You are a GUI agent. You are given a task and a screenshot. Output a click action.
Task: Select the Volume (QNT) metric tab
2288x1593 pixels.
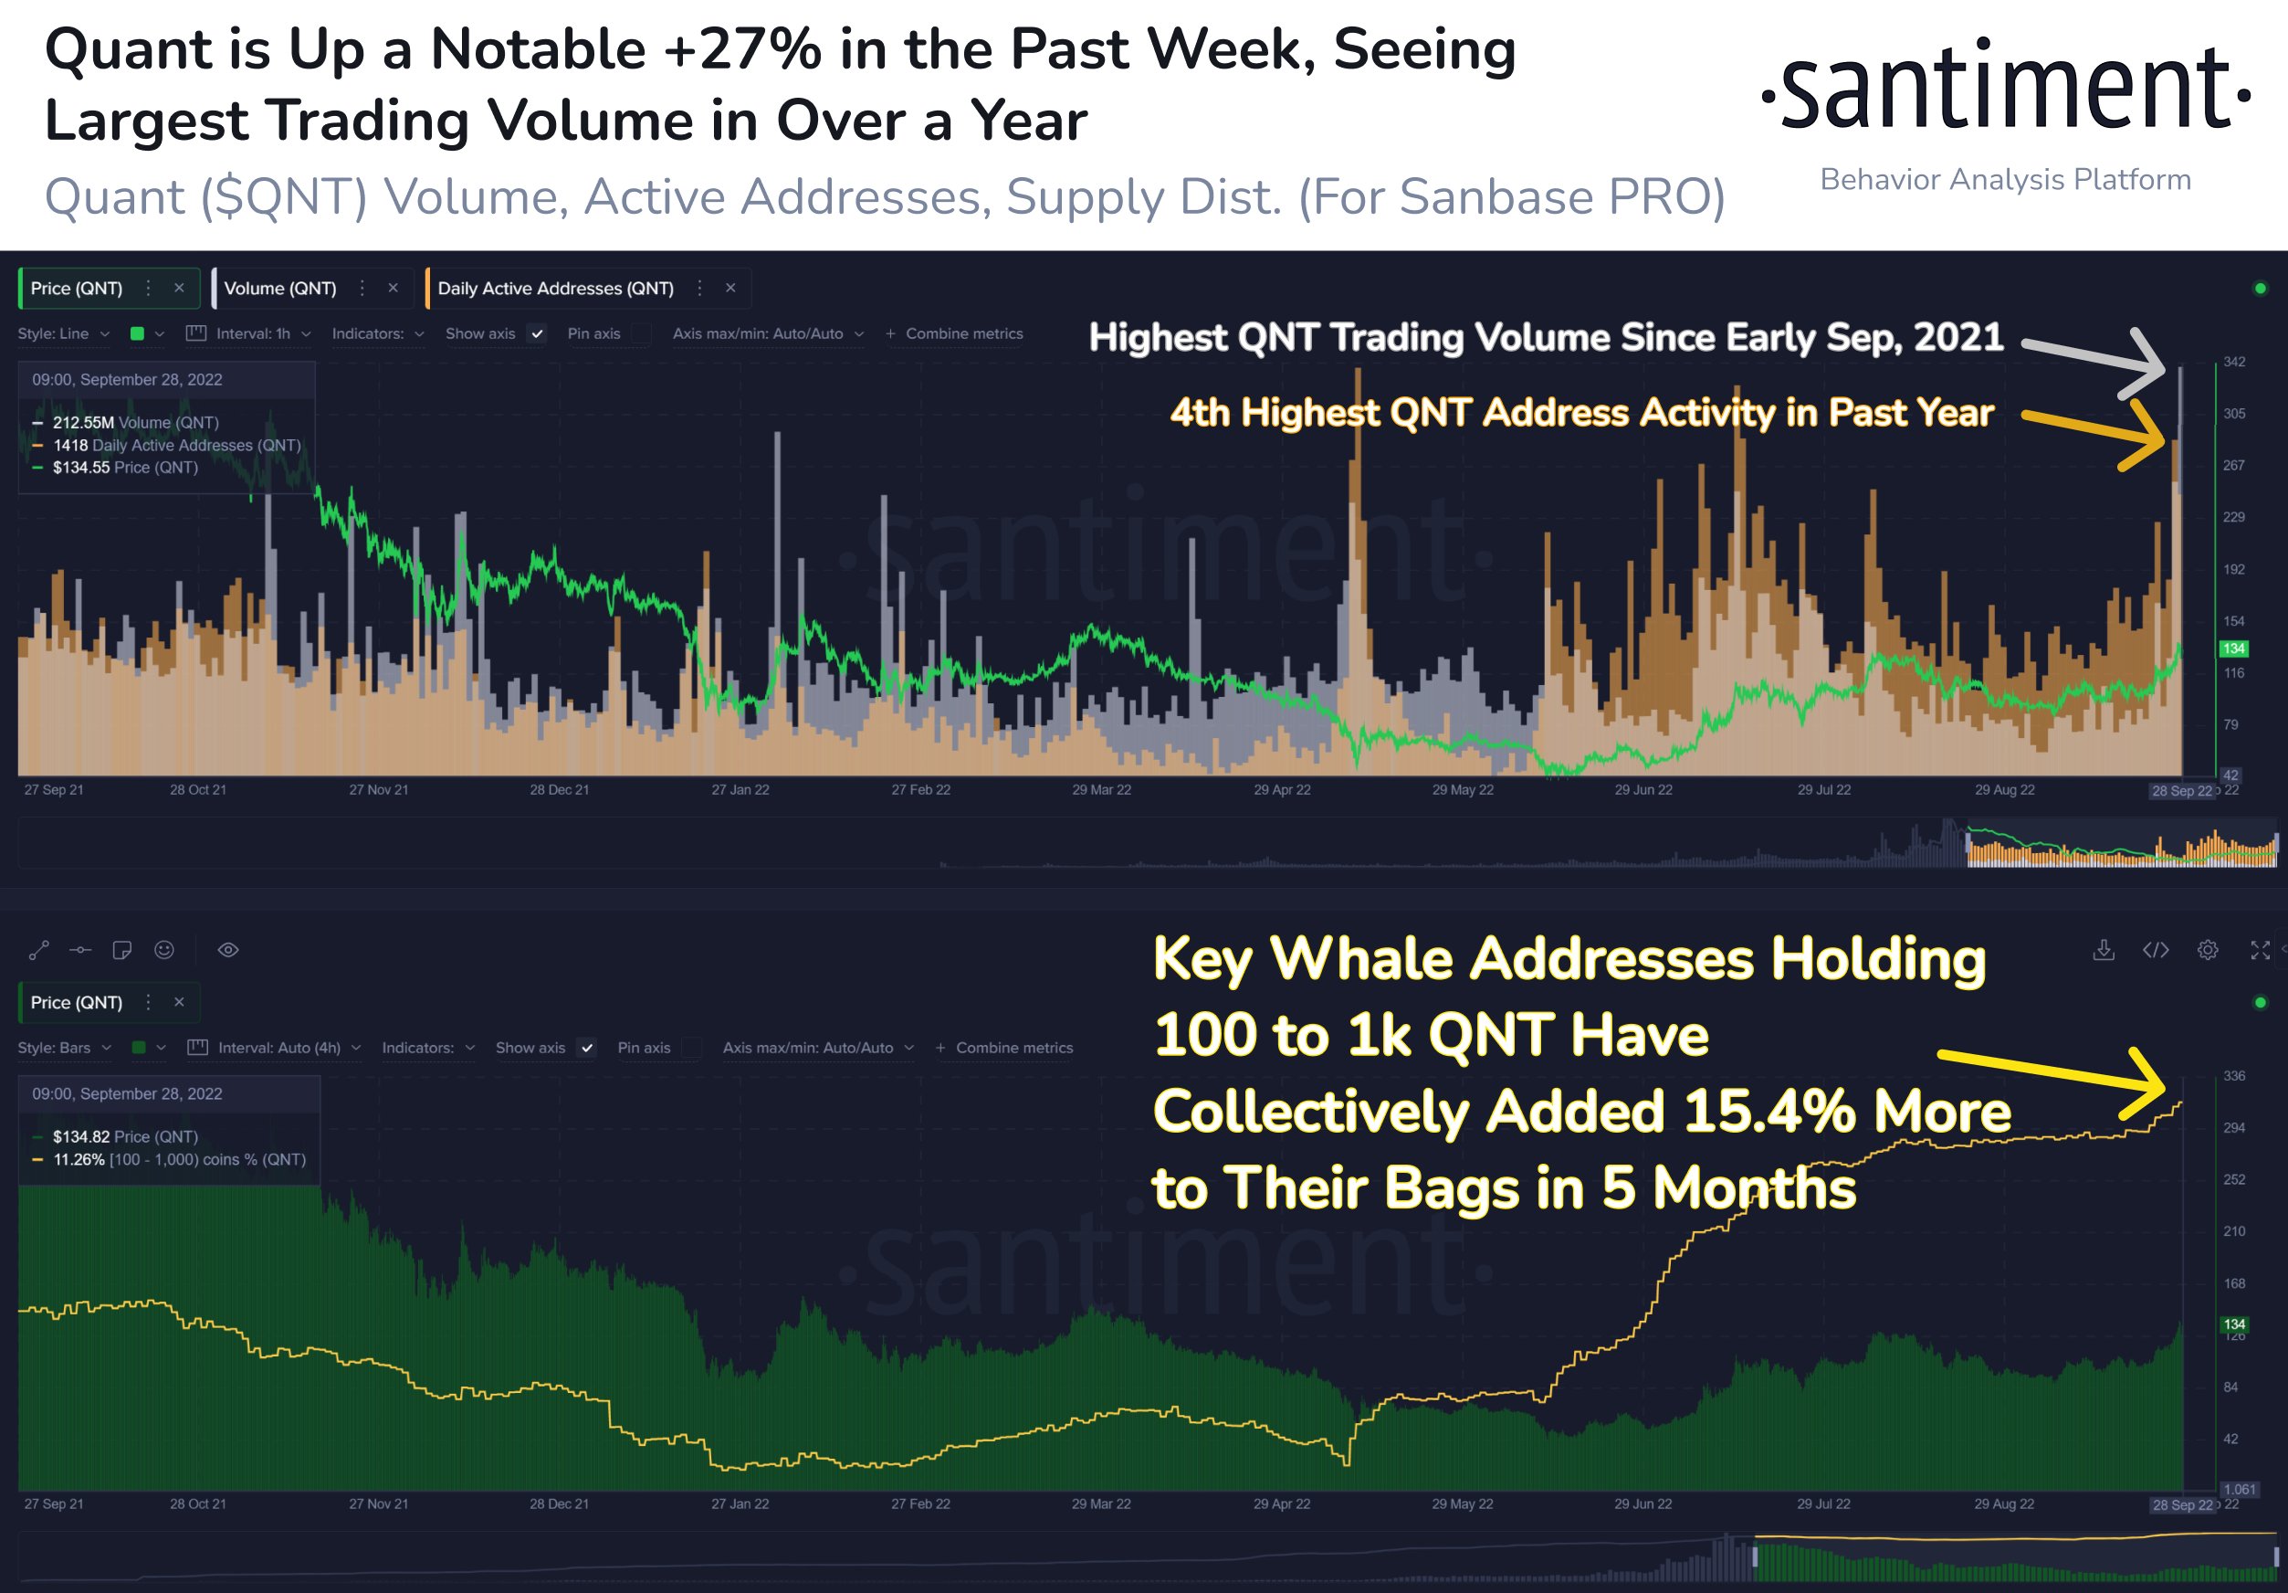coord(280,288)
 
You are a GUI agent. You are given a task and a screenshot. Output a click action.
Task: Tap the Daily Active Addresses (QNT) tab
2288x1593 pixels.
coord(555,288)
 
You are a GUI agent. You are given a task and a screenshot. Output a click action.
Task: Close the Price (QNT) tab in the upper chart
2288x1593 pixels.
coord(179,288)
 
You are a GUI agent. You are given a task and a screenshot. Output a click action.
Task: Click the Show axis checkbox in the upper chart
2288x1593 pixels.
coord(537,334)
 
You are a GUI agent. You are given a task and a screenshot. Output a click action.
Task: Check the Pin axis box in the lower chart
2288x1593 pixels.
coord(691,1048)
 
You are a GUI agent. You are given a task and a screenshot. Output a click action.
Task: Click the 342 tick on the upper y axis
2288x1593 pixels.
coord(2234,362)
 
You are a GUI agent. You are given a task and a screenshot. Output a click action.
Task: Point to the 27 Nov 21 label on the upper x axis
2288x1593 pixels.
coord(379,789)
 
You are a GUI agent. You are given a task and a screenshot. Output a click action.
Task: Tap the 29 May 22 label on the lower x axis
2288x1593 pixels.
coord(1462,1503)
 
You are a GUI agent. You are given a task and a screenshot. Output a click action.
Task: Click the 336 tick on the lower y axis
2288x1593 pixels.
coord(2234,1076)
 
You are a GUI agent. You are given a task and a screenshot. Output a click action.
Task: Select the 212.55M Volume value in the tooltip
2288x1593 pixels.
coord(84,423)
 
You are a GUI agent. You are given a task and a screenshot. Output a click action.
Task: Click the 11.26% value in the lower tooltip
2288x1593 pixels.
coord(79,1159)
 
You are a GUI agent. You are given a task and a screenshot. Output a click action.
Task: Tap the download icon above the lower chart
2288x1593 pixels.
coord(2104,950)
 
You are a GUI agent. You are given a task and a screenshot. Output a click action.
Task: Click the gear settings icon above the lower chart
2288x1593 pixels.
coord(2208,950)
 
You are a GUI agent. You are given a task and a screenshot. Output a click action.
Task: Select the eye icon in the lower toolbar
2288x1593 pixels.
coord(228,950)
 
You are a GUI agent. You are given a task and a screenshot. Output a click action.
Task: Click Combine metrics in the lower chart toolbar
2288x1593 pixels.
coord(1013,1048)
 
